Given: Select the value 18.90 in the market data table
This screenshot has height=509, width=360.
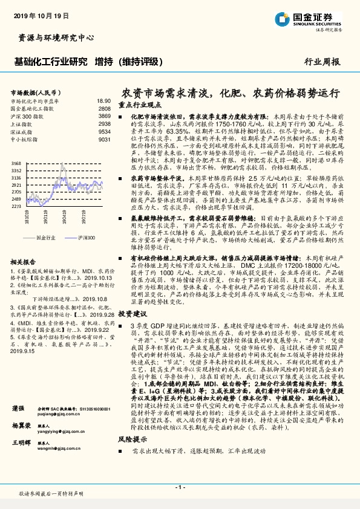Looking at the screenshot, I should click(x=103, y=101).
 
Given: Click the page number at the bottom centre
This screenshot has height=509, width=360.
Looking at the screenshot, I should click(x=180, y=487).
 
